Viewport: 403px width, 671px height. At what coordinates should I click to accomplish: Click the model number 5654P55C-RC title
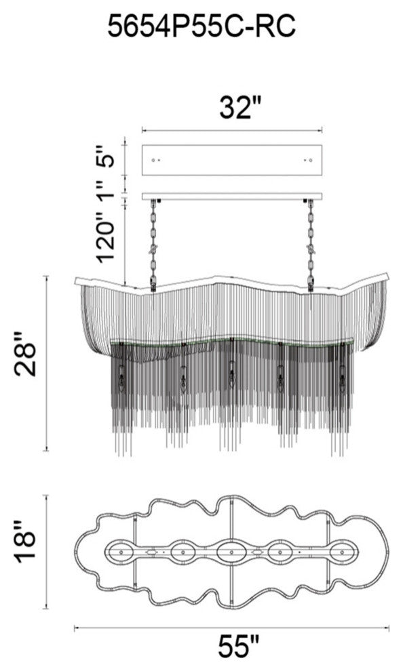coord(201,26)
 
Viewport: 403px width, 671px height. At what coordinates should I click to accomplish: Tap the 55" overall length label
coord(239,647)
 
